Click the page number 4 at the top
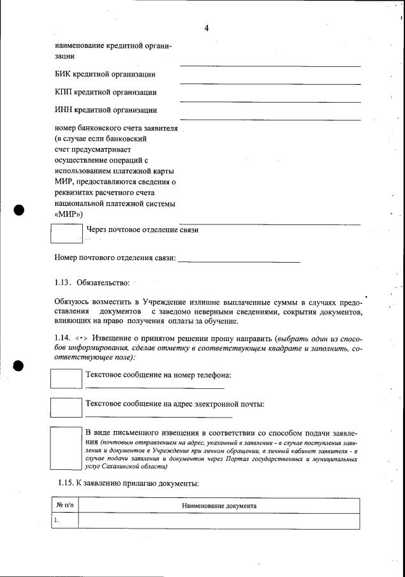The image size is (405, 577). [x=207, y=27]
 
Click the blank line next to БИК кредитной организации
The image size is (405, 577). [x=270, y=83]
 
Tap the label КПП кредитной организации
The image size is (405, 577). [x=106, y=92]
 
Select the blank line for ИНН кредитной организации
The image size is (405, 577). [x=270, y=119]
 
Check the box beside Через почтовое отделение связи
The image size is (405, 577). [x=66, y=233]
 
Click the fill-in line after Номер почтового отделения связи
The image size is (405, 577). [x=239, y=261]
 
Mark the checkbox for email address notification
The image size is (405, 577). [x=66, y=408]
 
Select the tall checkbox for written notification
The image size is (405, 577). [x=66, y=448]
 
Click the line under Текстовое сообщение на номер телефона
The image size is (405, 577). [x=154, y=388]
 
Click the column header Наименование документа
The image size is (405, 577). [x=219, y=506]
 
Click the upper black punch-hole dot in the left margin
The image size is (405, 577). [x=18, y=210]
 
